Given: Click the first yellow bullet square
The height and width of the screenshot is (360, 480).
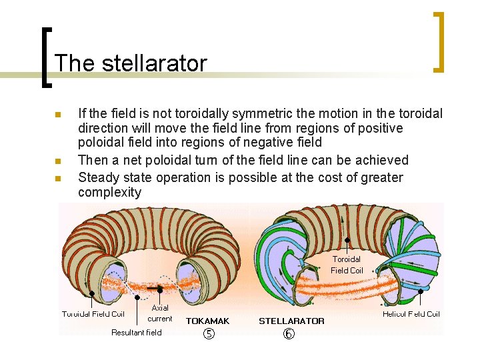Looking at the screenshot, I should [58, 115].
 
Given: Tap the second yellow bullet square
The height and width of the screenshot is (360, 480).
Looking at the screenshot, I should [58, 161].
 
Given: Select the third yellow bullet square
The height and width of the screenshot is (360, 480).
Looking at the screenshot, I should [58, 178].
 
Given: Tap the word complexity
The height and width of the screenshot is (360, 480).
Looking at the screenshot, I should [110, 193].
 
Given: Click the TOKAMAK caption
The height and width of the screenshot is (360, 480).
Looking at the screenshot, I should [207, 321].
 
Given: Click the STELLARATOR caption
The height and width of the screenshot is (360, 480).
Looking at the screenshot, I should [291, 321].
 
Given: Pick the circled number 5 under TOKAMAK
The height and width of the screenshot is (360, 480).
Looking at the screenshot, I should [208, 334].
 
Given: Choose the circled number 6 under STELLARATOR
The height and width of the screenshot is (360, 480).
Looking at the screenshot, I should [289, 334].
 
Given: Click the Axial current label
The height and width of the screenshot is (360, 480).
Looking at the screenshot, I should [161, 313].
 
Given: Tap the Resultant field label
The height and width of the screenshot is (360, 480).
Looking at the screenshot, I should [136, 332].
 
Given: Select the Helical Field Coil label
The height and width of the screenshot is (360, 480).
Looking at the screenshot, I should [411, 313].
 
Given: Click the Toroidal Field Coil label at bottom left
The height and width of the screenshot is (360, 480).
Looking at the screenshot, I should [93, 313].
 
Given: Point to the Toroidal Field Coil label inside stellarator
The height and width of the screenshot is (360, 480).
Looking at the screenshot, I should [347, 265].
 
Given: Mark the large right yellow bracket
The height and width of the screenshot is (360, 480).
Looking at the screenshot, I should [439, 42].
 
